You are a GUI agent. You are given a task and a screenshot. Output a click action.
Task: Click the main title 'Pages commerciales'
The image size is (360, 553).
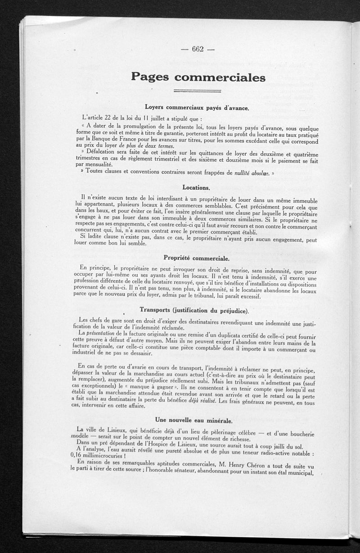tap(198, 77)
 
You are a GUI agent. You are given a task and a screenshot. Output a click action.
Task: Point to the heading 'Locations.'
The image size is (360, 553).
tap(197, 186)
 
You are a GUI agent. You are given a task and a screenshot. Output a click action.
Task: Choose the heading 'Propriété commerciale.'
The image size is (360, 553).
tap(197, 258)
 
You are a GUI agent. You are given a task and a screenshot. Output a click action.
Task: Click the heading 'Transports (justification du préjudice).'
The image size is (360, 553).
tap(194, 310)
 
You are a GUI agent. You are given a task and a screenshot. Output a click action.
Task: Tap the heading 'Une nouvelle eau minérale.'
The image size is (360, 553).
tap(194, 421)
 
